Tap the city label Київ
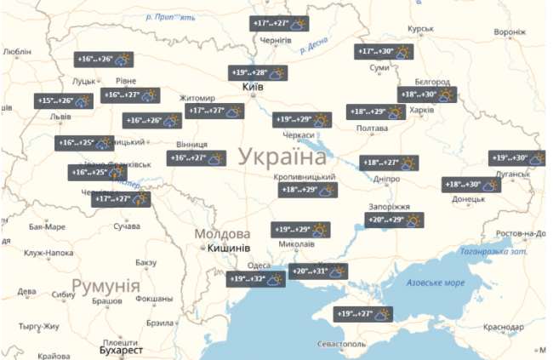(253, 88)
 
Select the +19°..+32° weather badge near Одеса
(255, 278)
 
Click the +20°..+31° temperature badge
(318, 271)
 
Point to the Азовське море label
(436, 283)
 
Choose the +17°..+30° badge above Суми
(383, 52)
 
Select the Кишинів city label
(228, 249)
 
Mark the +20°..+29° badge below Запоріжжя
(394, 220)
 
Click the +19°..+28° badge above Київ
(257, 72)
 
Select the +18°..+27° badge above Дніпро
(391, 163)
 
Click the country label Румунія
(105, 284)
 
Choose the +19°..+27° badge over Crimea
(362, 313)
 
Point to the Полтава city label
(371, 128)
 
